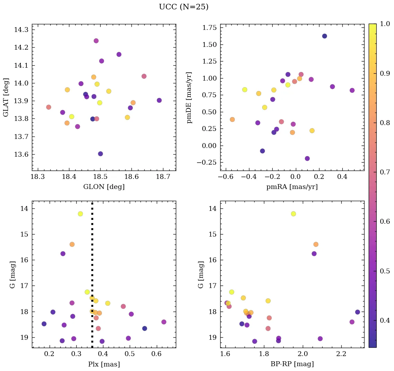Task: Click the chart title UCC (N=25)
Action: coord(183,7)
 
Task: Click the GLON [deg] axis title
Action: coord(104,187)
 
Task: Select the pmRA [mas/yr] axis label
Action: coord(292,187)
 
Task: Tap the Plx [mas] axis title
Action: coord(104,364)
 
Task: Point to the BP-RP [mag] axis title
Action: coord(292,364)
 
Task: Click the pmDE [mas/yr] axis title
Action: coord(189,98)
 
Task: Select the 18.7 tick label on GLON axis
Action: coord(163,177)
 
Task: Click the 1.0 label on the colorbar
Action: coord(385,24)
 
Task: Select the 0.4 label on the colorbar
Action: coord(385,320)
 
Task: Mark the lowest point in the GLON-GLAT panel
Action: coord(100,154)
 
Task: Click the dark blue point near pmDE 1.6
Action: coord(325,36)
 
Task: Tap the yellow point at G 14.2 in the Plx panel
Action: coord(80,214)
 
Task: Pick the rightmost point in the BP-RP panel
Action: coord(358,312)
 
